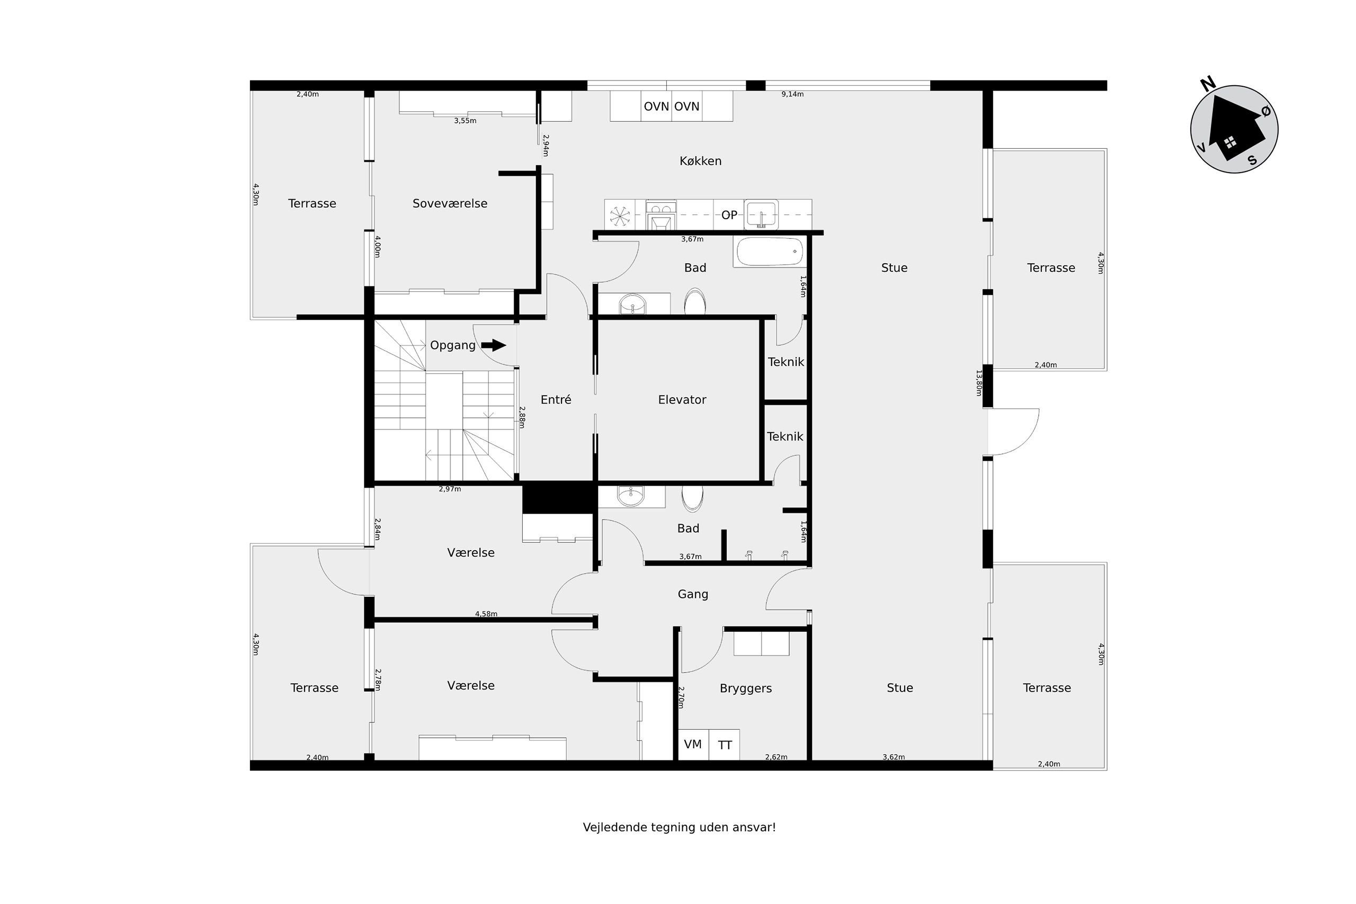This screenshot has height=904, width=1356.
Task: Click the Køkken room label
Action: pyautogui.click(x=700, y=162)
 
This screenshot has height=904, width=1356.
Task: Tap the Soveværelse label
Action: pyautogui.click(x=450, y=203)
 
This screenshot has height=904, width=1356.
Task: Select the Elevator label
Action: pyautogui.click(x=682, y=399)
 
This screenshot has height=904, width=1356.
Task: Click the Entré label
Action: pyautogui.click(x=556, y=399)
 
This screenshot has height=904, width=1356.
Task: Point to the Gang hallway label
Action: pyautogui.click(x=692, y=594)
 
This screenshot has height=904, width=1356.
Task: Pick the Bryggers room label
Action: pyautogui.click(x=745, y=688)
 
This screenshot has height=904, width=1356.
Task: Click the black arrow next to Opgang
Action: pyautogui.click(x=494, y=345)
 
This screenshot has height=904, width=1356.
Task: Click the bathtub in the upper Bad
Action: pyautogui.click(x=770, y=252)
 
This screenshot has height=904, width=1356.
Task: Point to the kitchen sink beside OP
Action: pyautogui.click(x=761, y=214)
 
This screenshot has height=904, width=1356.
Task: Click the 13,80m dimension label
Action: pyautogui.click(x=978, y=383)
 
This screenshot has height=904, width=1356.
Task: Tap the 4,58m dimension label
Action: pyautogui.click(x=486, y=614)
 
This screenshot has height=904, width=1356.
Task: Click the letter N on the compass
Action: pyautogui.click(x=1208, y=84)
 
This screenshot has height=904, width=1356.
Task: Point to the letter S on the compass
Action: pyautogui.click(x=1252, y=160)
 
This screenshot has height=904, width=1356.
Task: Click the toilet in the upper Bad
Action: pyautogui.click(x=695, y=301)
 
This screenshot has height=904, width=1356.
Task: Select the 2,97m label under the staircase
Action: pyautogui.click(x=450, y=489)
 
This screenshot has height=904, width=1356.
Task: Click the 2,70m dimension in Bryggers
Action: pyautogui.click(x=681, y=697)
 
